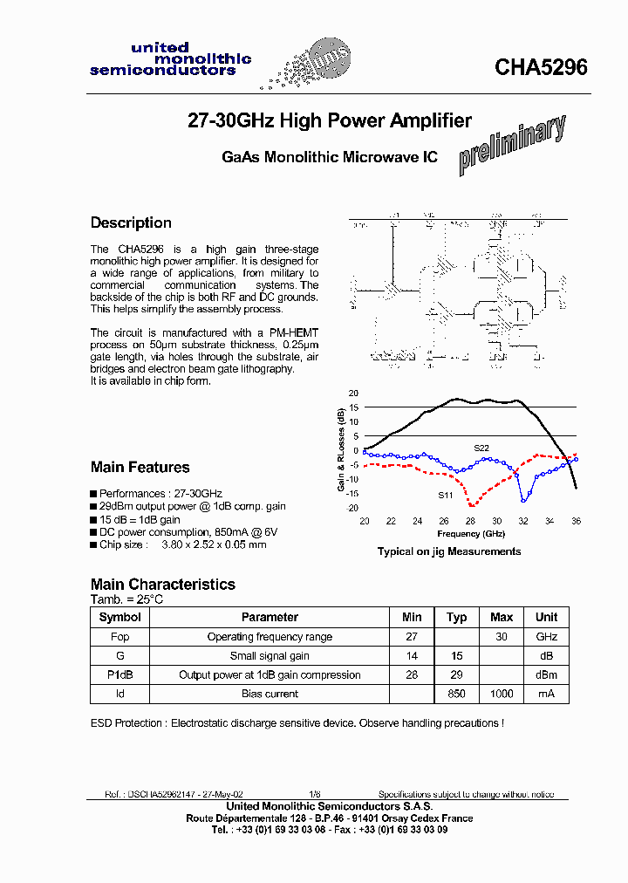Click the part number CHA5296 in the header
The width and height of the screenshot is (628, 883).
tap(541, 67)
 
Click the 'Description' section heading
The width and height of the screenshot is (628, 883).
tap(131, 222)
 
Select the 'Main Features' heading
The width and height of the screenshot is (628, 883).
tap(140, 467)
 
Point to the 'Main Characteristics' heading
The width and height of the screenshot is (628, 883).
tap(163, 584)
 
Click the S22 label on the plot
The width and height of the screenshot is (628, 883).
tap(481, 448)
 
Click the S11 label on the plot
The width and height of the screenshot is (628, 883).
tap(445, 496)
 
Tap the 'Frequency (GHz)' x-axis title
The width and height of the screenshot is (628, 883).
tap(471, 533)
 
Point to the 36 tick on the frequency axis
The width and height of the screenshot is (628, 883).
tap(576, 522)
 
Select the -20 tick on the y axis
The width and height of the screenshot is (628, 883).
tap(353, 508)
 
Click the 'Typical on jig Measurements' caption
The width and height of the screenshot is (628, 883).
tap(448, 551)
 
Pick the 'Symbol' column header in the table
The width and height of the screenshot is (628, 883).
tap(119, 617)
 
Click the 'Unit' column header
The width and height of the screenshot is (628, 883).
tap(546, 617)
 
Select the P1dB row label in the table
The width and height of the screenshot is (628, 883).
tap(119, 674)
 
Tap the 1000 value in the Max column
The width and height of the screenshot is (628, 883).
tap(502, 694)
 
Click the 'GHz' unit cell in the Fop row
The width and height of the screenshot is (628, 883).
tap(546, 637)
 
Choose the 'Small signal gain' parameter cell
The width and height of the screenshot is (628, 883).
tap(270, 656)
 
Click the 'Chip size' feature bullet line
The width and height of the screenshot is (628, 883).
tap(179, 544)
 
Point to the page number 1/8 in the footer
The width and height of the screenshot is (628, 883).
tap(314, 795)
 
